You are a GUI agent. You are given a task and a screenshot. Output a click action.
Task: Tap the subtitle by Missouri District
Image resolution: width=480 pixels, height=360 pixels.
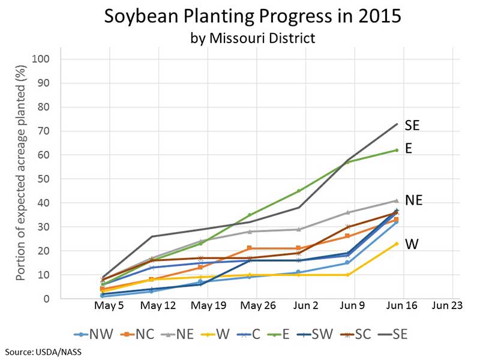253,38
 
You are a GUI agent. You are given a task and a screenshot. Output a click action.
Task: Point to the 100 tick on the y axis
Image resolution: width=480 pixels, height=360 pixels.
47,59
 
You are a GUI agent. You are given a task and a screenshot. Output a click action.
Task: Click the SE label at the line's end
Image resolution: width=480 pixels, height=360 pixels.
412,125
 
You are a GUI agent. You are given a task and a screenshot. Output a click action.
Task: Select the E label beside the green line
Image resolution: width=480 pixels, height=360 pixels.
409,149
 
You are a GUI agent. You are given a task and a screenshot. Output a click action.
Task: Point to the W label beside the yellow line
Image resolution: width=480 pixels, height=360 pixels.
411,244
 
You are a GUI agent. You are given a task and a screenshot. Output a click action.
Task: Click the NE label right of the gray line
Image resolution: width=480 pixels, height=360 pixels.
414,200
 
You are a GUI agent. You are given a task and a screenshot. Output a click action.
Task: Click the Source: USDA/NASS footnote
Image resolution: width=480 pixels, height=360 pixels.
43,352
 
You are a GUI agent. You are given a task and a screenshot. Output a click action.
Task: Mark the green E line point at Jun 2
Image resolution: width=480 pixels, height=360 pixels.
299,191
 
